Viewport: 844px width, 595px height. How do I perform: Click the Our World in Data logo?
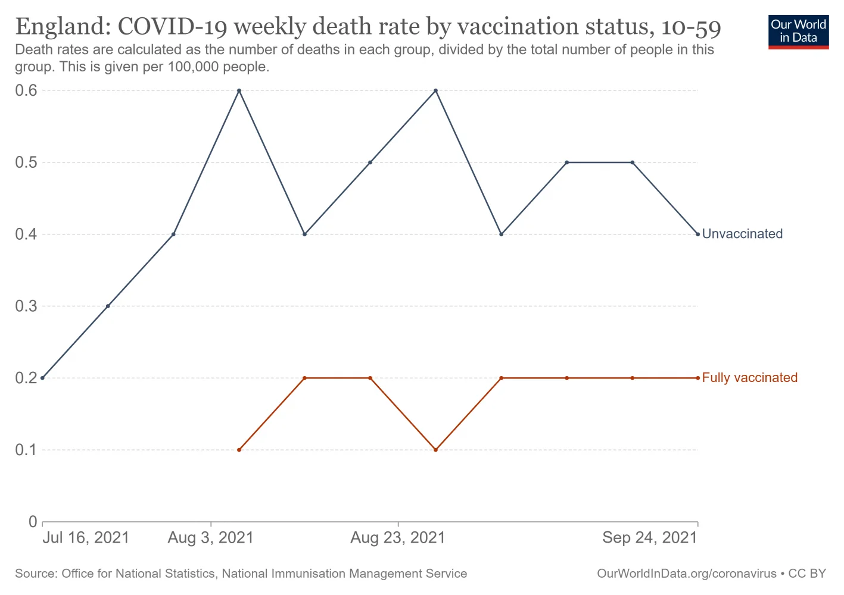click(x=798, y=32)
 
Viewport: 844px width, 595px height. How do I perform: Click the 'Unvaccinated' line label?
click(x=742, y=234)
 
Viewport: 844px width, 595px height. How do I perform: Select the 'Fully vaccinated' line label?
click(x=749, y=378)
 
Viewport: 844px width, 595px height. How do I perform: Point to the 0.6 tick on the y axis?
click(x=26, y=90)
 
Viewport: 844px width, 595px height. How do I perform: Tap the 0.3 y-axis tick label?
click(x=26, y=306)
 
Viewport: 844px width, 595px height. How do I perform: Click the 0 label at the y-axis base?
click(x=33, y=522)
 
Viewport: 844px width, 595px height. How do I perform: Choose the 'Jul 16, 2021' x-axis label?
click(x=86, y=538)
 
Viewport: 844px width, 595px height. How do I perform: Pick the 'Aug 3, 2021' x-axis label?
click(x=211, y=538)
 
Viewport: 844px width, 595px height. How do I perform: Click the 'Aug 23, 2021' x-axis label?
click(x=397, y=538)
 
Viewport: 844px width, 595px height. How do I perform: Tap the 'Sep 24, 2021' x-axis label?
click(x=649, y=538)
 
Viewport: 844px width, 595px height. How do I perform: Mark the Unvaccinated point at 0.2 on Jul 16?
click(x=42, y=378)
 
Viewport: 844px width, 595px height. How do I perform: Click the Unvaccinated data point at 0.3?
click(x=108, y=306)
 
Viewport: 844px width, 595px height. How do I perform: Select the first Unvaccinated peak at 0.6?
click(x=239, y=90)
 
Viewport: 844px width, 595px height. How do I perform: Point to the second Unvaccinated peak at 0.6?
click(x=435, y=90)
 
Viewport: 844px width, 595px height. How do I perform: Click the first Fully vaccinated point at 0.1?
click(x=239, y=450)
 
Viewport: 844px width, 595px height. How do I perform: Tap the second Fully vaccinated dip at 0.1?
click(x=435, y=450)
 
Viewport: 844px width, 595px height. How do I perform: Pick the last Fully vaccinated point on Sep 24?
click(x=697, y=378)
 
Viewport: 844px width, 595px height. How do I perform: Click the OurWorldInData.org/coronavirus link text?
click(x=686, y=574)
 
